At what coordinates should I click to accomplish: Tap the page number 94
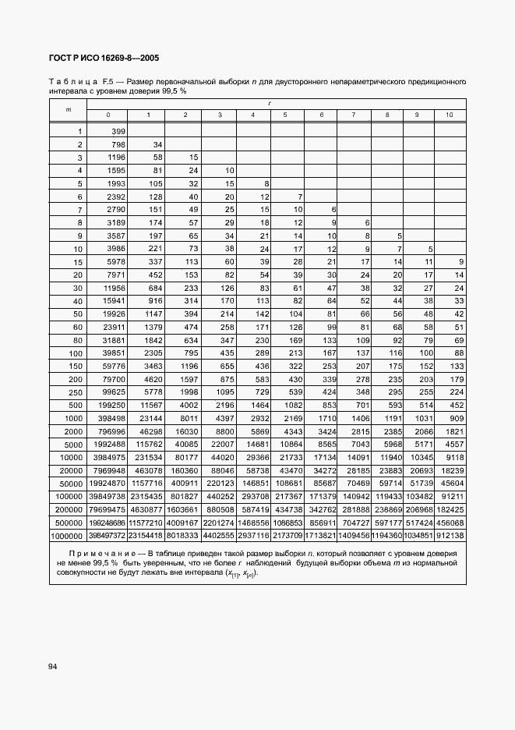tap(52, 666)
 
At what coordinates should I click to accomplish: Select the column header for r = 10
tap(450, 115)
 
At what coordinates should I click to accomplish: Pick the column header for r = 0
tap(108, 115)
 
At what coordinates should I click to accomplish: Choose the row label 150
tap(76, 365)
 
